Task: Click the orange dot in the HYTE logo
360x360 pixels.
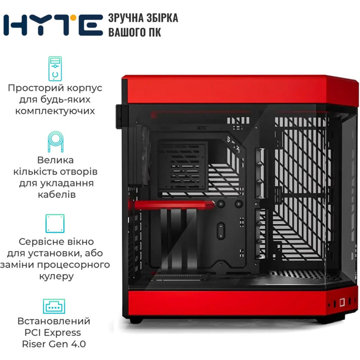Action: [73, 18]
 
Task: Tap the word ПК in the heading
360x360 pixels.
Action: [154, 32]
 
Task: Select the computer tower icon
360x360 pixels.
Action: [55, 69]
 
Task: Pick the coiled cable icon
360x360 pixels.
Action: [55, 142]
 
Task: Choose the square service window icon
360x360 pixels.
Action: [55, 223]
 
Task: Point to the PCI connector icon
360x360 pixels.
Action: [54, 306]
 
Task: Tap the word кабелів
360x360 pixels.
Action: [57, 195]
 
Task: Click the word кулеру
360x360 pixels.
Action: [57, 276]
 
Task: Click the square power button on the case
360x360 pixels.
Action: [342, 302]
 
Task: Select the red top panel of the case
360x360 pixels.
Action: [240, 90]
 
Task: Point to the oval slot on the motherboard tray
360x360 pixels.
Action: [220, 231]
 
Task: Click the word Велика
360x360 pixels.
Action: [55, 160]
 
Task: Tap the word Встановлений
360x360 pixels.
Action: [54, 321]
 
